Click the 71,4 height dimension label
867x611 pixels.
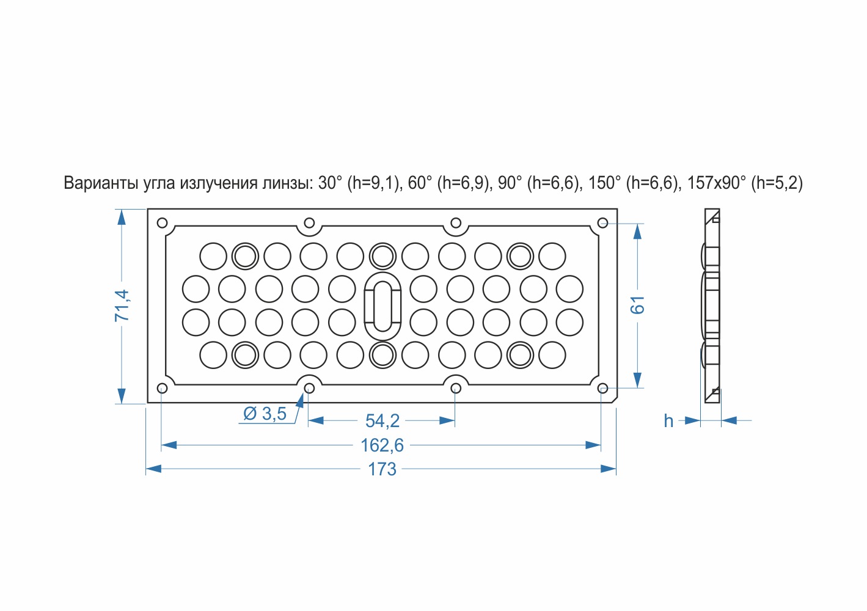122,305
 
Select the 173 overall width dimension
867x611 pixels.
382,469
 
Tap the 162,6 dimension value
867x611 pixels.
382,445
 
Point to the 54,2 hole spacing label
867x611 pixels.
382,420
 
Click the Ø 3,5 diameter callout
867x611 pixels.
265,413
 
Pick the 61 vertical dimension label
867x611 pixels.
637,305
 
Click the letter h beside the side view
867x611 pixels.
668,420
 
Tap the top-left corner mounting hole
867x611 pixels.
162,223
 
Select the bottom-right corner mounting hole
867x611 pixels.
603,388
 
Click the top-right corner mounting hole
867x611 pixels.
603,223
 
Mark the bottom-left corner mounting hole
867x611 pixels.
162,388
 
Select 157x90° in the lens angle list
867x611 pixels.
717,183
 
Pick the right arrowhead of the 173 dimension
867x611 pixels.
609,469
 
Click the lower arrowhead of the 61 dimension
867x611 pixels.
637,380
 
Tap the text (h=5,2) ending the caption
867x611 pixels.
777,183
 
